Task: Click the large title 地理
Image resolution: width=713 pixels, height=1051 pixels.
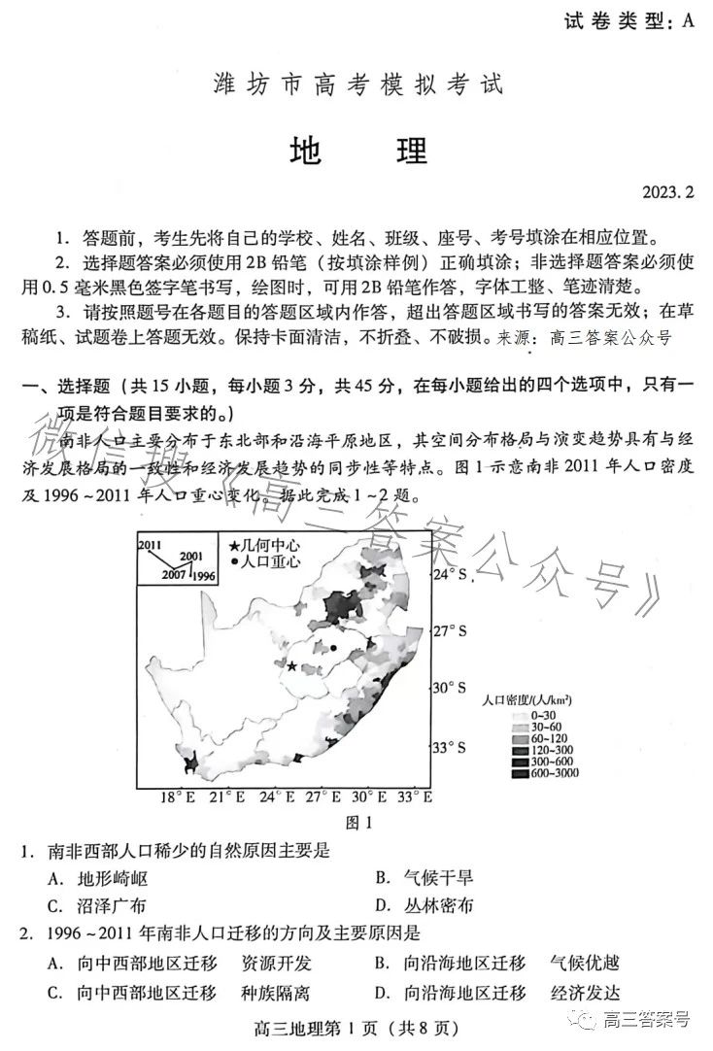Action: click(357, 151)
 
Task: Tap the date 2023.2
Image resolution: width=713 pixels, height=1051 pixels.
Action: click(667, 192)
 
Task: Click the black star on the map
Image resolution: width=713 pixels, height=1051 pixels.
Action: click(291, 666)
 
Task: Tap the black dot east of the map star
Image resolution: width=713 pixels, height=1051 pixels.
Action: click(333, 647)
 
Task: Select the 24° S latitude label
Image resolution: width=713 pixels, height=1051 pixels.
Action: click(449, 575)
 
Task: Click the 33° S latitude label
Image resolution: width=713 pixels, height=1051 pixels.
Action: click(449, 747)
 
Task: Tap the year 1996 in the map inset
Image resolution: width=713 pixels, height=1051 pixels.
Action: click(204, 575)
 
